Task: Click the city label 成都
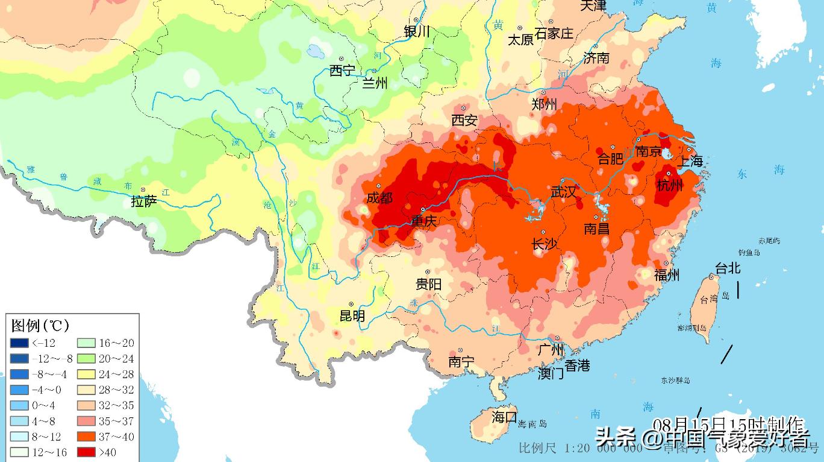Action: [x=379, y=198]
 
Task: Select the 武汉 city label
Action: [x=564, y=192]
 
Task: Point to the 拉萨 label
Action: [x=144, y=201]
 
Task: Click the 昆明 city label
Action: [x=352, y=315]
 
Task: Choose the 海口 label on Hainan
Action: [x=504, y=417]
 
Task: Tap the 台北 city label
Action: [x=727, y=268]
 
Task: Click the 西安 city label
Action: [x=464, y=121]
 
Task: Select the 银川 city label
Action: [x=417, y=31]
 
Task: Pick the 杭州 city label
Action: [x=670, y=185]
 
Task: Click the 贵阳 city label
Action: [x=428, y=284]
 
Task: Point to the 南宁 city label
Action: [x=461, y=362]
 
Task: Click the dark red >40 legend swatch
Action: [x=87, y=452]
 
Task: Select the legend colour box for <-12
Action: [x=19, y=343]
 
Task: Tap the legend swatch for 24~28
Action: [x=87, y=374]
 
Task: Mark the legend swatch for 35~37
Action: [x=87, y=421]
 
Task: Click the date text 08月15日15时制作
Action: [x=728, y=423]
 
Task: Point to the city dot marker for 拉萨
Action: [x=143, y=189]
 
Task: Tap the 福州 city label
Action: [x=667, y=275]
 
